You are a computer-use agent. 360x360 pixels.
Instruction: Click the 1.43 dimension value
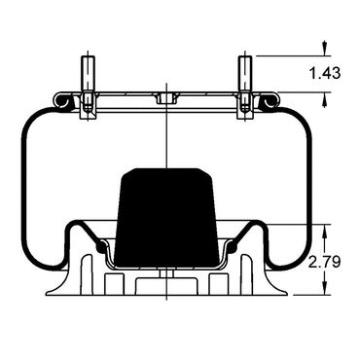(x=325, y=73)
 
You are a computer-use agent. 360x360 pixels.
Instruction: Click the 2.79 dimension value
(x=324, y=262)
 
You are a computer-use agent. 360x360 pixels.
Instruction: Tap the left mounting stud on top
(x=88, y=74)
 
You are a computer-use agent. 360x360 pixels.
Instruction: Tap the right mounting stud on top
(x=245, y=74)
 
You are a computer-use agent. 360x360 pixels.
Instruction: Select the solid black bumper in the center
(x=166, y=218)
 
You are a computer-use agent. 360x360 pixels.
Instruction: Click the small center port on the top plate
(x=166, y=98)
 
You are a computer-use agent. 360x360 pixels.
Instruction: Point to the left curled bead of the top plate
(x=61, y=101)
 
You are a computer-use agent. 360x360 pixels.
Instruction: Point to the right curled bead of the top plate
(x=270, y=101)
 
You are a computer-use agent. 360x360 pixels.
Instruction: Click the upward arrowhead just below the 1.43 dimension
(x=324, y=98)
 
